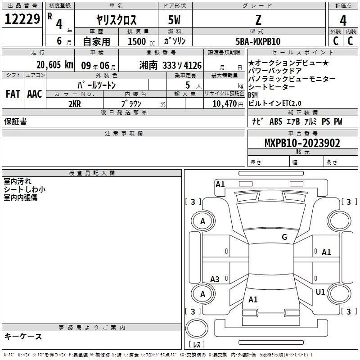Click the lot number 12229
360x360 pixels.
(x=22, y=19)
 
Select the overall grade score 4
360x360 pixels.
(x=343, y=21)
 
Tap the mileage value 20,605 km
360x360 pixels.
(x=55, y=65)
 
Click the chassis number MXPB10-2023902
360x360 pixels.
(x=302, y=143)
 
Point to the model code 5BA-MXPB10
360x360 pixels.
(x=258, y=41)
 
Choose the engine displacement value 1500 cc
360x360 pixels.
(x=141, y=41)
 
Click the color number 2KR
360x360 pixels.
(x=75, y=104)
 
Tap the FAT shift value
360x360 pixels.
(x=13, y=94)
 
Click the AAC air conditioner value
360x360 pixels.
(x=35, y=94)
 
